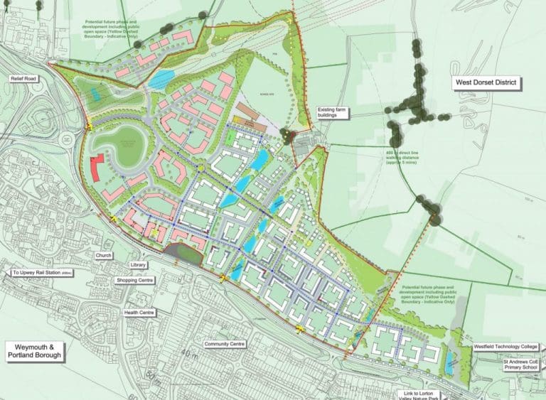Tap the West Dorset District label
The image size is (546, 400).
coord(488,83)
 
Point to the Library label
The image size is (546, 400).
coord(139,265)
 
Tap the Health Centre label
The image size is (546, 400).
coord(139,312)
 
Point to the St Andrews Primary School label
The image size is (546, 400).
coord(511,366)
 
